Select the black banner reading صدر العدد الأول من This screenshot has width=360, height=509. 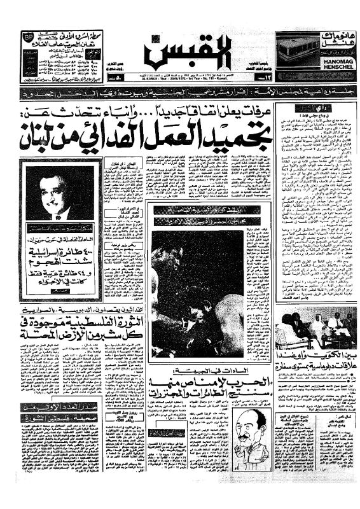[x=51, y=389]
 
